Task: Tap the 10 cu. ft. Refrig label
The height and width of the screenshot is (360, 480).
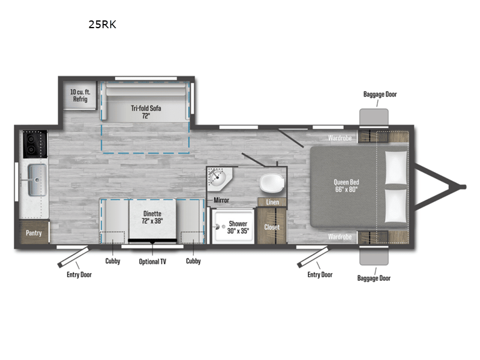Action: click(x=80, y=95)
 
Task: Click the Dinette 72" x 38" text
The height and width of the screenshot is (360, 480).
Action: click(x=154, y=216)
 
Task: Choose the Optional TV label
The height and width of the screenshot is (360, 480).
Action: click(x=152, y=261)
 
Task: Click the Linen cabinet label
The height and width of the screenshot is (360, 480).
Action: click(x=272, y=202)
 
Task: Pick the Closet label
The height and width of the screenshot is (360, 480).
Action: click(x=272, y=227)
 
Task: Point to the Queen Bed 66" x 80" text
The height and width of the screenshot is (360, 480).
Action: click(x=346, y=187)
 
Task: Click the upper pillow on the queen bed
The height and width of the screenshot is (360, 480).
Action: click(x=395, y=166)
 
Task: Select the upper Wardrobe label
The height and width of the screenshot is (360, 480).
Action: click(x=340, y=138)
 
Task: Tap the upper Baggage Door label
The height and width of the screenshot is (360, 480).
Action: click(x=380, y=94)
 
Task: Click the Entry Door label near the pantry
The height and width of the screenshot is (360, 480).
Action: click(x=79, y=274)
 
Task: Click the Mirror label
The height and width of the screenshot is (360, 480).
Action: click(x=221, y=200)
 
